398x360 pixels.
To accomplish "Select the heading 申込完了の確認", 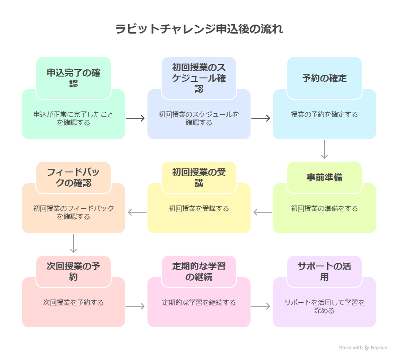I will (x=74, y=77).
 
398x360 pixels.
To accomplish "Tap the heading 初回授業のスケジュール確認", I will (x=199, y=77).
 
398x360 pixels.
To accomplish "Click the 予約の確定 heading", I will (x=324, y=78).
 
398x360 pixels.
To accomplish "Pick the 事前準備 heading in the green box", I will (x=324, y=177).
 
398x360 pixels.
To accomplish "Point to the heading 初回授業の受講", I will (x=199, y=177).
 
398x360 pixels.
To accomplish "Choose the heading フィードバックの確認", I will (x=74, y=177).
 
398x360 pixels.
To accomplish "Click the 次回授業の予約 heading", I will (x=74, y=271).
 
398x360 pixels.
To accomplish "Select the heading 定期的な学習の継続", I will (x=199, y=271).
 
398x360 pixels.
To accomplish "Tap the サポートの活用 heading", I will (x=324, y=271).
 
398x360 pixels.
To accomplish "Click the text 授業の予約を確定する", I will (x=324, y=115).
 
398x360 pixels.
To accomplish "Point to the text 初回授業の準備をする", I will (x=324, y=209).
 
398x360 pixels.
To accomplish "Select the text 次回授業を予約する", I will (x=74, y=303).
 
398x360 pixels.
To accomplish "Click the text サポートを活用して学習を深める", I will (x=324, y=306).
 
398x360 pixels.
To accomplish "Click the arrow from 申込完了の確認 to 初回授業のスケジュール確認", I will (x=135, y=118).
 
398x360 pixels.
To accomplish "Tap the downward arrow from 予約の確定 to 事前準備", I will (x=324, y=150).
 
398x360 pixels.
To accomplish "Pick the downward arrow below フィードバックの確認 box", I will (x=74, y=244).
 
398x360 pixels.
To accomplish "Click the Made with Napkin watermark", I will (x=363, y=347).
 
